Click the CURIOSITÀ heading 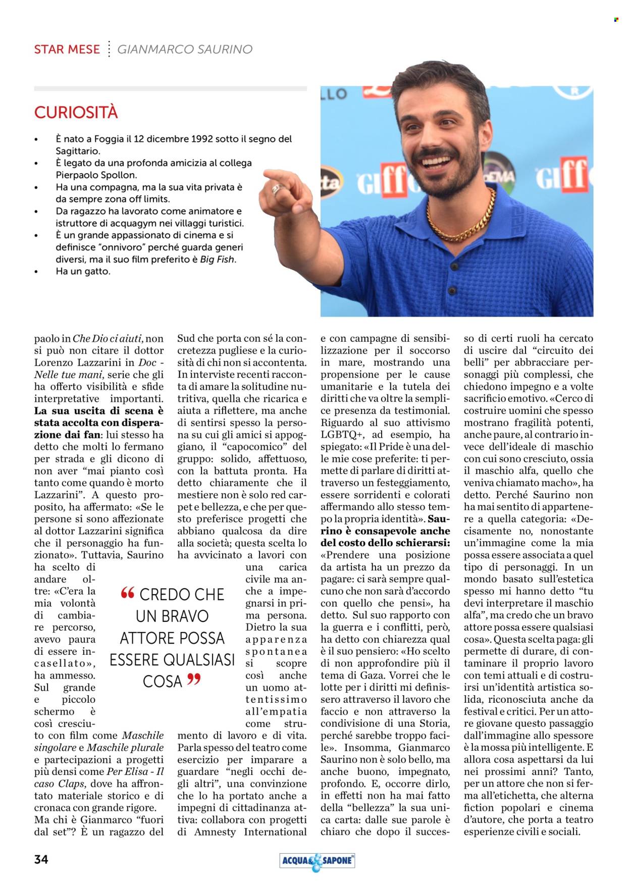tap(76, 112)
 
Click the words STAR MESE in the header tap(67, 49)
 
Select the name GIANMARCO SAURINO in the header tap(185, 49)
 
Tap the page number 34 tap(41, 859)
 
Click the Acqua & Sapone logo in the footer tap(317, 861)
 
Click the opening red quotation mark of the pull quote tap(128, 593)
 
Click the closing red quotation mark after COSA tap(194, 680)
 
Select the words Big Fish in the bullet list tap(218, 259)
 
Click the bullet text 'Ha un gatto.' tap(83, 271)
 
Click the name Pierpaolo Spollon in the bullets tap(96, 175)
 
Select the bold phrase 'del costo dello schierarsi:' tap(385, 543)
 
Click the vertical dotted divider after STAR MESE tap(109, 49)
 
